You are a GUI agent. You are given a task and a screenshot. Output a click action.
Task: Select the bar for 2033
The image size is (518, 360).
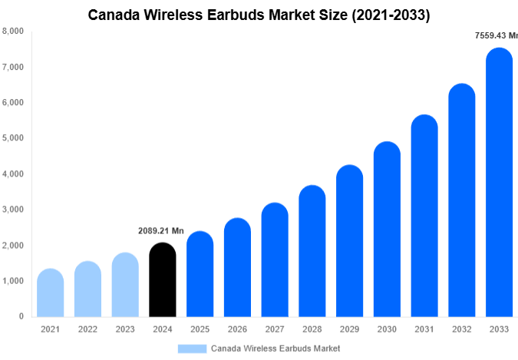point(500,184)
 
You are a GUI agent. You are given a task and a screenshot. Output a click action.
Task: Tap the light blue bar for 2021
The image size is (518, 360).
point(50,293)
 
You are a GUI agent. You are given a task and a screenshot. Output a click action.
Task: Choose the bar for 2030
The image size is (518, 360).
point(388,230)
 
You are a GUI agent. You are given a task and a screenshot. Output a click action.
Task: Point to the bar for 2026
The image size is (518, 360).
point(237,268)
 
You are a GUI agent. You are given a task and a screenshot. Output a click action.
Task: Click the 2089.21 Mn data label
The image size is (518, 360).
point(161,231)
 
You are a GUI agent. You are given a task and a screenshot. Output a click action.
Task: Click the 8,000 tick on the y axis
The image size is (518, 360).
point(13,31)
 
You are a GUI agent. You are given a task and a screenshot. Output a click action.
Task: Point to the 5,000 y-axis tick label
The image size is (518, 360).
point(13,138)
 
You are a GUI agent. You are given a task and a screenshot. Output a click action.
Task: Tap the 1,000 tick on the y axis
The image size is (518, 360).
point(13,281)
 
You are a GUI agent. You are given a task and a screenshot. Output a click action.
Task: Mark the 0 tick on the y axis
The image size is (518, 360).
point(21,316)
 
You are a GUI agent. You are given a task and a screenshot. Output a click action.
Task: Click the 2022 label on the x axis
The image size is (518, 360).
point(87,329)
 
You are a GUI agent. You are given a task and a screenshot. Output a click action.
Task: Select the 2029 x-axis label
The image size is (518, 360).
point(350,329)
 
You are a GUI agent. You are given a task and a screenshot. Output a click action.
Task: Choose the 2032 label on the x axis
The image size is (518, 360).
point(462,329)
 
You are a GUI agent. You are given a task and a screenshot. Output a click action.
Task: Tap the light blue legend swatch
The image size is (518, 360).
point(192,348)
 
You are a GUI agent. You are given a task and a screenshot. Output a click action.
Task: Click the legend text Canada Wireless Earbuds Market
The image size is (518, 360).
point(275,348)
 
